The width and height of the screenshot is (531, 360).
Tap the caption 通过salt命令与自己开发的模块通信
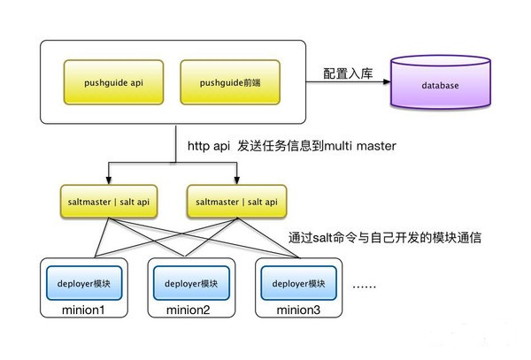point(384,239)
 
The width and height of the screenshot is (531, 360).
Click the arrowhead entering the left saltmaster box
point(109,180)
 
